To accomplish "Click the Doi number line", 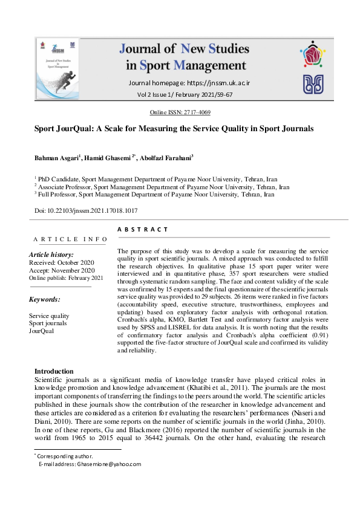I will (86, 210).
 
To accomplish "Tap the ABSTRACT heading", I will (142, 230).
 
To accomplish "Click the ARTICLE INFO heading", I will (70, 239).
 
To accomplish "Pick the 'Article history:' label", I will (51, 255).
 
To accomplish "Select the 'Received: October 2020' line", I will (62, 263).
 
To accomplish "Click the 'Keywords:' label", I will (45, 299).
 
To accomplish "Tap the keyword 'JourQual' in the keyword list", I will (42, 331).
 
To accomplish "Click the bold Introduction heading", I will (54, 371).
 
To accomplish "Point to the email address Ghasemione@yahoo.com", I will (106, 464).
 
